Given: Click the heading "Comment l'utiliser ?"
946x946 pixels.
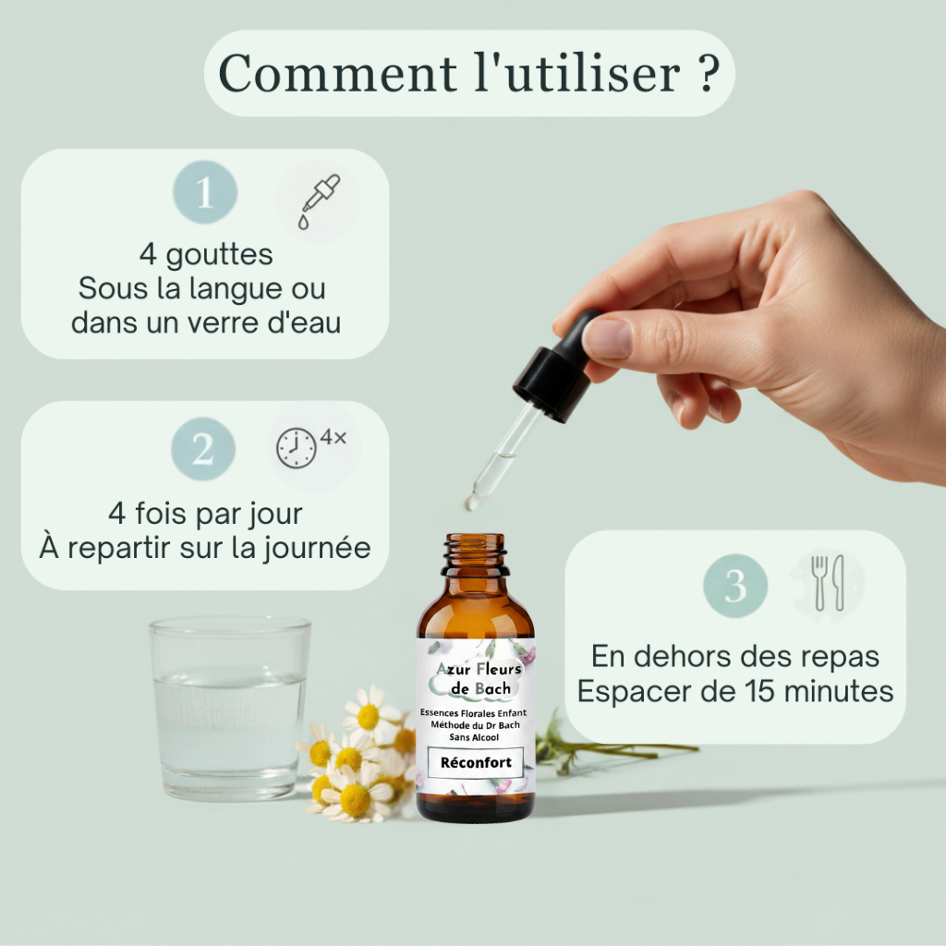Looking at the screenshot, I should point(468,73).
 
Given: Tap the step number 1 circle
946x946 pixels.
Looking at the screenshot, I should point(205,192).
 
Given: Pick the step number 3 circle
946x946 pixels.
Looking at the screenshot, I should point(735,585).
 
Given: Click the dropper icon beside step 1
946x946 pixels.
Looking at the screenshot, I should point(318,201).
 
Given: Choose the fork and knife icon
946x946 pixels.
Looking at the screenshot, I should point(828,583).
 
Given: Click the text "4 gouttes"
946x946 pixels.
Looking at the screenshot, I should point(205,253).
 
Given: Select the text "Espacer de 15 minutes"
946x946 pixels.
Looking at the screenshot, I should point(734,691).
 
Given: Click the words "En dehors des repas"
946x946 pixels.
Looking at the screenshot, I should point(734,657).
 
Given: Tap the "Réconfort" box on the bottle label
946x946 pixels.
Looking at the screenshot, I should point(475,763).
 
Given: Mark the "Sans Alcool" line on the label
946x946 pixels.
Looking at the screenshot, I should point(475,738).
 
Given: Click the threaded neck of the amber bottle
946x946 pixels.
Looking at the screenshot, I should point(475,554).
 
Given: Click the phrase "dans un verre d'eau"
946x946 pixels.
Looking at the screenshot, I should point(205,322).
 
